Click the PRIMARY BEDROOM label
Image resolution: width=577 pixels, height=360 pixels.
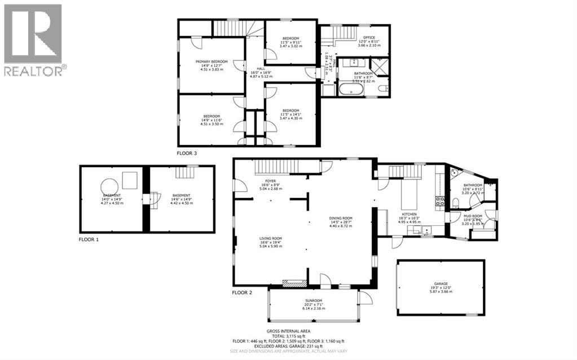coord(212,61)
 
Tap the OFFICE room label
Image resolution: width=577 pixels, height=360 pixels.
coord(369,38)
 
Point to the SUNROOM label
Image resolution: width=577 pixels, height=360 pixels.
coord(313,300)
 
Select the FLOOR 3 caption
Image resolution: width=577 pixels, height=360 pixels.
coord(187,152)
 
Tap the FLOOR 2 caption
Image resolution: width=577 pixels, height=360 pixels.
coord(242,292)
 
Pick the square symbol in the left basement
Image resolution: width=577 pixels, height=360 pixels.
coord(130,179)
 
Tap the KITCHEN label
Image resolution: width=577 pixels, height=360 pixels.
coord(408,214)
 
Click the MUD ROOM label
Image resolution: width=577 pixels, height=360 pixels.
coord(473,216)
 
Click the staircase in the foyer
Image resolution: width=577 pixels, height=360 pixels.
coord(276,167)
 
